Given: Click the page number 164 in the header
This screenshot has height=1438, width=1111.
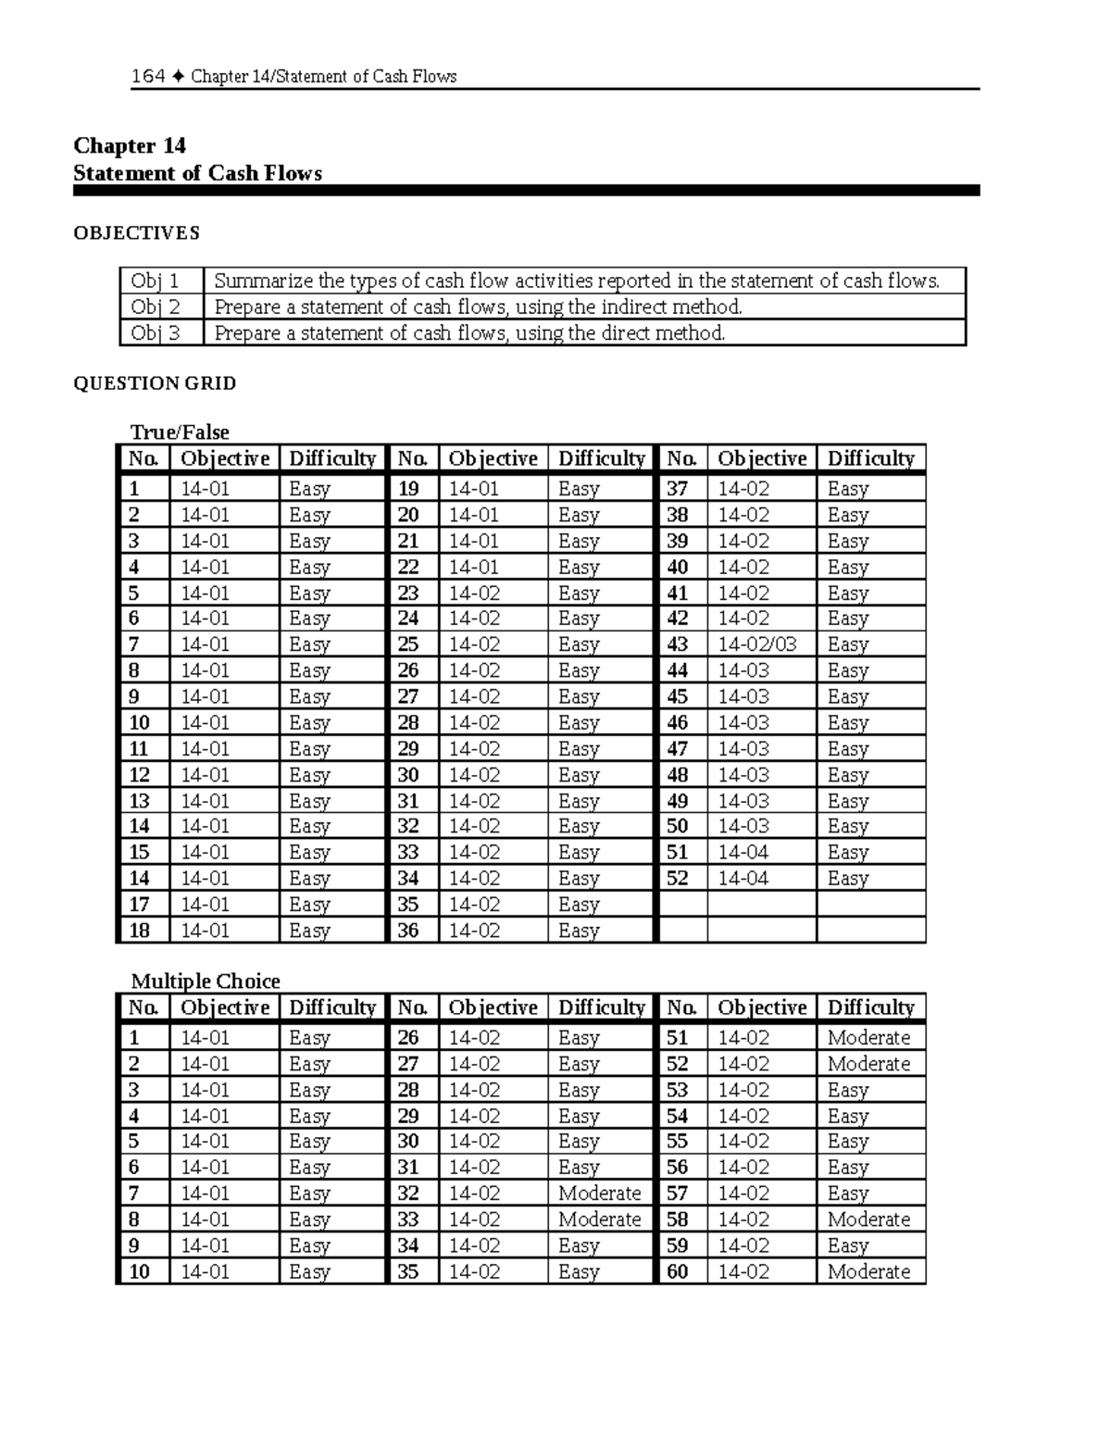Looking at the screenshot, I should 148,76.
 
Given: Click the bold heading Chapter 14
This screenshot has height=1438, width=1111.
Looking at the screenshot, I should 130,145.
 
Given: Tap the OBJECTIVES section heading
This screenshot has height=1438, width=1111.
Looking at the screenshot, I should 136,233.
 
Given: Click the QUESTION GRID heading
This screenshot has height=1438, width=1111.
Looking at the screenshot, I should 155,383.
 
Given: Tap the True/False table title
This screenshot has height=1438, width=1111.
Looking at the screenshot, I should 180,432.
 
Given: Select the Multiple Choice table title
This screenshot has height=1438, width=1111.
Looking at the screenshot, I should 205,982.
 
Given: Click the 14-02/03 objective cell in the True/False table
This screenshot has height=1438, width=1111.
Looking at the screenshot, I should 756,644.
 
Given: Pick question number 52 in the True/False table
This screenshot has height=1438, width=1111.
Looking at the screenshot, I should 678,879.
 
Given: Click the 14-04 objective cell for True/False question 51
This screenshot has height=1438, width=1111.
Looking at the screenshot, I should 743,853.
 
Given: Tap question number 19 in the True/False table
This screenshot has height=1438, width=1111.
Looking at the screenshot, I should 408,489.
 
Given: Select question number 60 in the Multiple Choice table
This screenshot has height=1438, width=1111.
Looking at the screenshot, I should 678,1272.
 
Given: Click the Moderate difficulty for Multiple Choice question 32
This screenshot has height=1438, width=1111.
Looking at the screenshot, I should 599,1194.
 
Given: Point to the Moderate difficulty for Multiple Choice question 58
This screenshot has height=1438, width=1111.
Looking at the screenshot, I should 868,1219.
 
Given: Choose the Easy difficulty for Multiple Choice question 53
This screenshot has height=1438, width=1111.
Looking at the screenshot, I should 848,1090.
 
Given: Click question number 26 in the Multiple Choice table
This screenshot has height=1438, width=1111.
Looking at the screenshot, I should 408,1038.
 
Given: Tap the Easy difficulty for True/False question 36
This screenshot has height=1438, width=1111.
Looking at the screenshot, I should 579,931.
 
